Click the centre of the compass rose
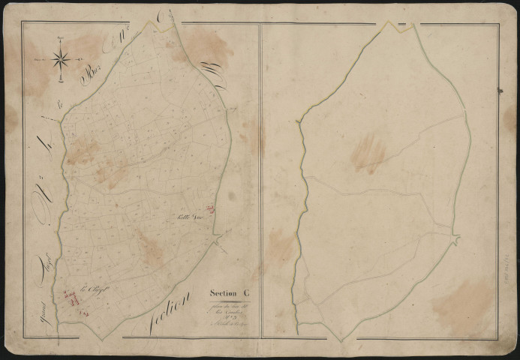click(x=62, y=57)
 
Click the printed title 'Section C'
click(x=230, y=293)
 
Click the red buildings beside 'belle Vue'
click(x=211, y=211)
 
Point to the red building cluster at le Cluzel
click(x=73, y=298)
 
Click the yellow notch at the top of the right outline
click(x=390, y=28)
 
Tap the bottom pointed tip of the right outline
click(x=299, y=331)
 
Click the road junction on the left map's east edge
click(x=217, y=239)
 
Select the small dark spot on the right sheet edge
click(x=500, y=91)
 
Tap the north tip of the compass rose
click(x=62, y=39)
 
